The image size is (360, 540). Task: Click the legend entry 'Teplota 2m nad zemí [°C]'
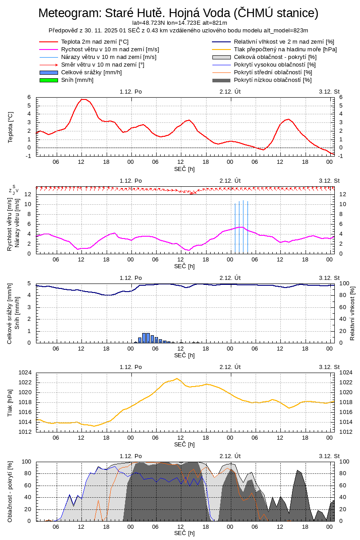point(95,42)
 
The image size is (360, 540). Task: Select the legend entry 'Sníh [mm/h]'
point(77,80)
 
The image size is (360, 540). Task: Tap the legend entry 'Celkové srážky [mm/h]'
point(91,72)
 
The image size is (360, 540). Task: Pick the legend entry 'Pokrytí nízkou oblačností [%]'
point(273,80)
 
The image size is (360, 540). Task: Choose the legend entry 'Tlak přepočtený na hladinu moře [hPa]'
point(285,49)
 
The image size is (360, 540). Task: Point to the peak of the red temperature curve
point(83,99)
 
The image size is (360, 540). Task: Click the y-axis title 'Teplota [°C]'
point(11,127)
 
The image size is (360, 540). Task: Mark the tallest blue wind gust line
point(243,225)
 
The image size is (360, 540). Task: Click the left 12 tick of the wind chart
point(27,194)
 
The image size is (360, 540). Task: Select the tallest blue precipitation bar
point(146,337)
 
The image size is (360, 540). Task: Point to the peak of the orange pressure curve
point(177,378)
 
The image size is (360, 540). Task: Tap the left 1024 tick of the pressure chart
point(23,373)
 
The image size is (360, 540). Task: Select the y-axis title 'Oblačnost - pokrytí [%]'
point(10,491)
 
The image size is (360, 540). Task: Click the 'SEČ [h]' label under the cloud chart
point(184,533)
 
